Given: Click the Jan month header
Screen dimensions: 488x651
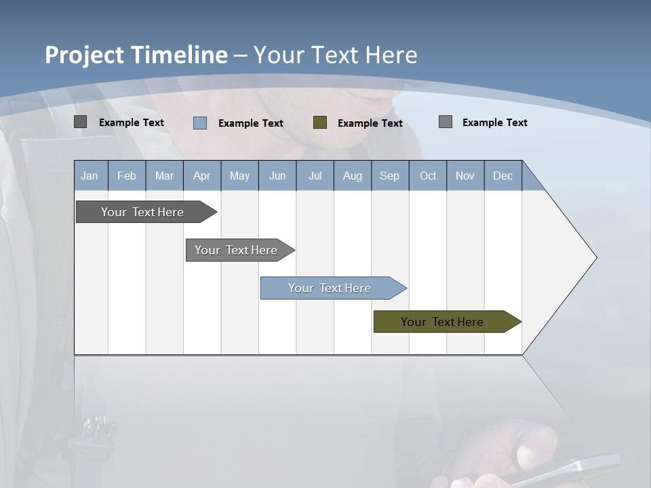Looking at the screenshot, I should [90, 176].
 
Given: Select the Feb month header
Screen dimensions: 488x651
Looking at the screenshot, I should [127, 176].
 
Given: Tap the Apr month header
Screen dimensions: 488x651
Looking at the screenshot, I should [202, 176].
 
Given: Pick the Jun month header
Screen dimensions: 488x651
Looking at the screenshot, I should [277, 176].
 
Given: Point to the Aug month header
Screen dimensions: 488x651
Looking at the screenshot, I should [353, 176].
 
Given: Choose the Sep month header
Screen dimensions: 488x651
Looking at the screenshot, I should [390, 176].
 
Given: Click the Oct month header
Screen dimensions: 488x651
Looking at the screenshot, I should [428, 176].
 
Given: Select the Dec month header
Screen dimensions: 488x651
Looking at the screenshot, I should [503, 176].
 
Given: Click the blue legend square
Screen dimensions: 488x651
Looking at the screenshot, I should [200, 123].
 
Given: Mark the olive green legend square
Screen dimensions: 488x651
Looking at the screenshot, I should [320, 122].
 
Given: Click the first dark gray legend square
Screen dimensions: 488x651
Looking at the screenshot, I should [81, 122].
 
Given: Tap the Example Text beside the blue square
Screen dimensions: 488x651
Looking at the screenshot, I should [251, 123].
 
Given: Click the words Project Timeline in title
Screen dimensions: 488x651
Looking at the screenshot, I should [136, 55].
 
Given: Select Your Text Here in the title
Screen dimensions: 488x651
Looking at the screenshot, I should [336, 55].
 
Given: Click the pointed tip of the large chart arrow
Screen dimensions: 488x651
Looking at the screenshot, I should [595, 258].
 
